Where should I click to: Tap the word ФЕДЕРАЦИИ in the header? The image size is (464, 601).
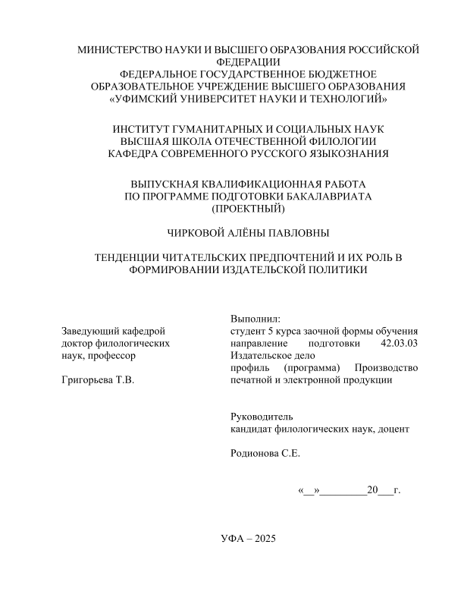point(249,62)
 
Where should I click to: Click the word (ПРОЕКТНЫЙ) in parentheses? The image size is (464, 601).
point(249,208)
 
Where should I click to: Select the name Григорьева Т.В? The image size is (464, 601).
point(96,379)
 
